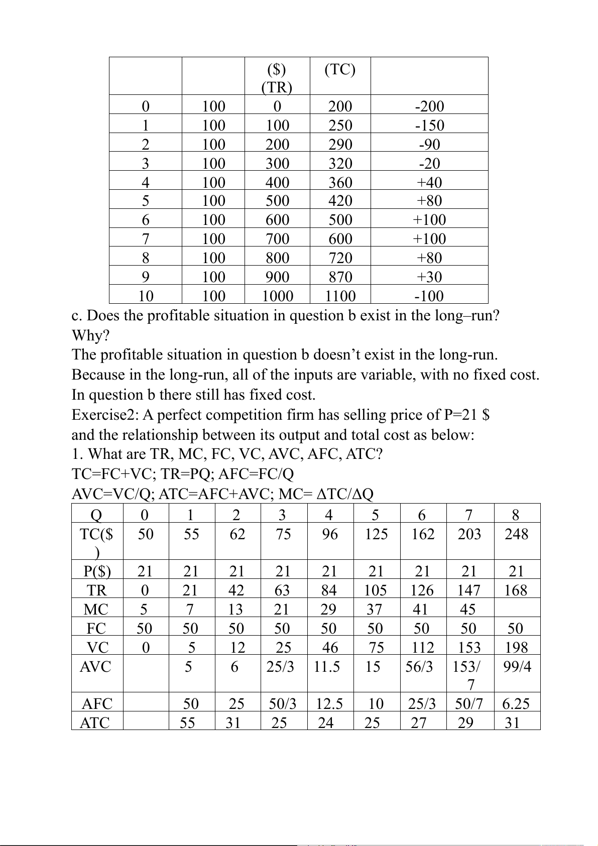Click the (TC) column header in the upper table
340,69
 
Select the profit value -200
429,106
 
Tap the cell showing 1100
340,296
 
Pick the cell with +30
429,277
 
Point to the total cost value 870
340,277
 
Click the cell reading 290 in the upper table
340,144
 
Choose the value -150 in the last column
429,125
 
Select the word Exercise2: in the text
105,415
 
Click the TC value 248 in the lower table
517,534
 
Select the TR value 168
517,590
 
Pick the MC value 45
468,609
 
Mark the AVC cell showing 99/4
517,667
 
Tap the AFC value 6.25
516,704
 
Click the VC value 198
517,647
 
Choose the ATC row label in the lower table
95,723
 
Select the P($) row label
97,571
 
